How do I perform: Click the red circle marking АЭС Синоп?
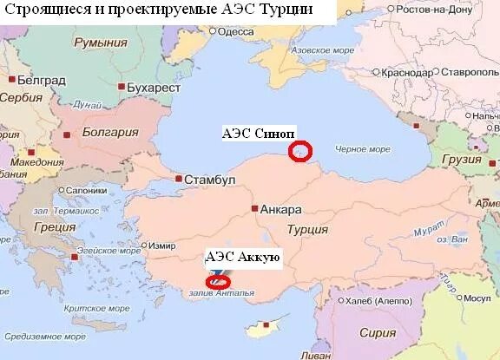300,151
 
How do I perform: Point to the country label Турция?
307,230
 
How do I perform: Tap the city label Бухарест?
151,88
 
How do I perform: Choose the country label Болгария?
110,133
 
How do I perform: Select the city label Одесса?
235,31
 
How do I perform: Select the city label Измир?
162,245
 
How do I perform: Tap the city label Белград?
42,79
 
